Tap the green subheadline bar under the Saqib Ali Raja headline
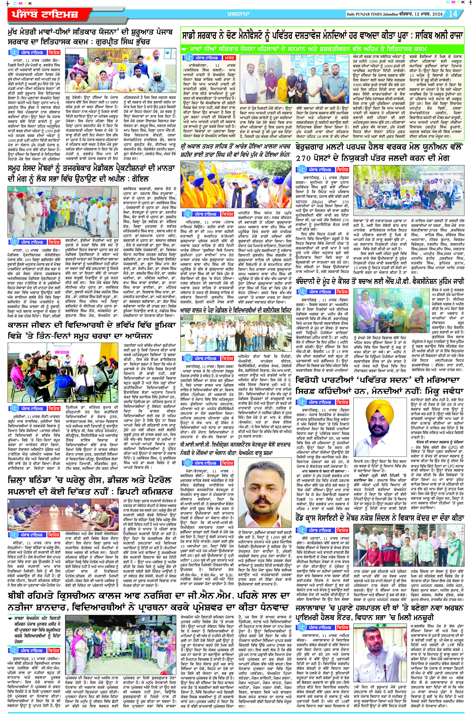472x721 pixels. point(322,49)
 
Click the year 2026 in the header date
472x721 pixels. point(437,14)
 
